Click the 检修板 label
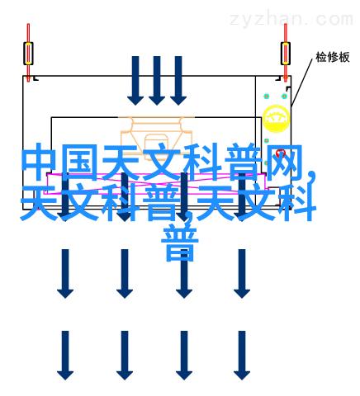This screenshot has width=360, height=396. [333, 57]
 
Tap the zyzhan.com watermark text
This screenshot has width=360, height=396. [291, 19]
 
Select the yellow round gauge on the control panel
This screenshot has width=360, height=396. [276, 119]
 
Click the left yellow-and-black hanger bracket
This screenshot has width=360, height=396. [28, 54]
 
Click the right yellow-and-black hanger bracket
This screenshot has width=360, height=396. [286, 54]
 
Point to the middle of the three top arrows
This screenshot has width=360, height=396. [157, 81]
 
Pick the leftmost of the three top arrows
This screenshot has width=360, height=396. [135, 81]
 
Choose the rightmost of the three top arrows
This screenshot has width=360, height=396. [178, 81]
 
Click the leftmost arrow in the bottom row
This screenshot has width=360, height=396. [65, 356]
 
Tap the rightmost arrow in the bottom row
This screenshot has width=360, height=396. [242, 356]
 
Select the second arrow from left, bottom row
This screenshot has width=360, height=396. [125, 356]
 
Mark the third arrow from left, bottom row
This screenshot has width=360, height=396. [184, 356]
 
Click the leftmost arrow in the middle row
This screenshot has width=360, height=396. [65, 274]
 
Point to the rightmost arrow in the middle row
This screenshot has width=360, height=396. [242, 274]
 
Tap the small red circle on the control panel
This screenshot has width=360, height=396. [281, 153]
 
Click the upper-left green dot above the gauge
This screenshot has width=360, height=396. [266, 97]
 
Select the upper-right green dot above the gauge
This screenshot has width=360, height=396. [284, 97]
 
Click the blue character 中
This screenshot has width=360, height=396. [40, 163]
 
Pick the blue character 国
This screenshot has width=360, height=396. [80, 163]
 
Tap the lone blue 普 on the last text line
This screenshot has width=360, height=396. [179, 243]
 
